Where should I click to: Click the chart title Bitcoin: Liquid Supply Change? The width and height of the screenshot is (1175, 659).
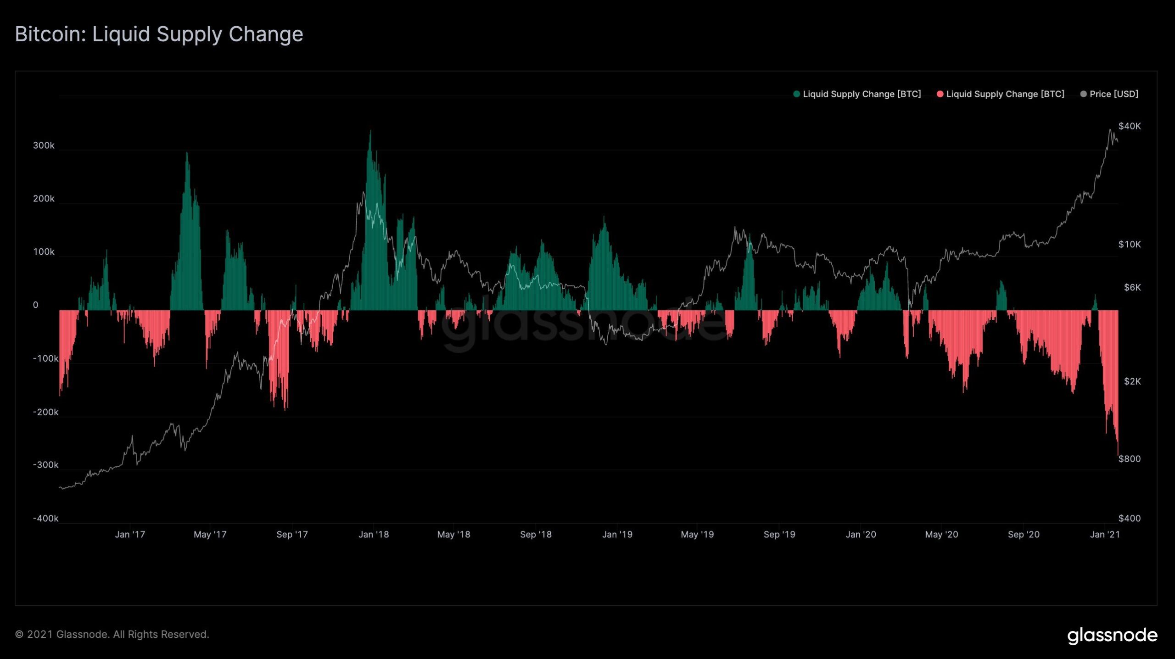[x=159, y=34]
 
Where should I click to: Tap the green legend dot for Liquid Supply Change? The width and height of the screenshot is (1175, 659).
[x=796, y=94]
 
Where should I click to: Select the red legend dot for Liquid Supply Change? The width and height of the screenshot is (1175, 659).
[x=940, y=94]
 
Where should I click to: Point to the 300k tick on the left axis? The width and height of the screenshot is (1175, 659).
[x=44, y=145]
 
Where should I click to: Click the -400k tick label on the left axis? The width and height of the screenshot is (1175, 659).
[x=45, y=518]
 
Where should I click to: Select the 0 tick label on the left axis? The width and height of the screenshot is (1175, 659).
[x=35, y=305]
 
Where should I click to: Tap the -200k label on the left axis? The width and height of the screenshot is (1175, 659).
[x=45, y=412]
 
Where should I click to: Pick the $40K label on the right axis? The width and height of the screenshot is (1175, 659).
[x=1129, y=126]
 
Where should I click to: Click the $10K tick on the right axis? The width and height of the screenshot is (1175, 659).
[x=1129, y=244]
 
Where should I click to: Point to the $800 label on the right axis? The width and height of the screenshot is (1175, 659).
[x=1129, y=459]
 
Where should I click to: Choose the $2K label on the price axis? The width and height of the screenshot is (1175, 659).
[x=1132, y=381]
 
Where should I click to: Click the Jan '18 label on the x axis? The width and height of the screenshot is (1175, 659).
[x=374, y=535]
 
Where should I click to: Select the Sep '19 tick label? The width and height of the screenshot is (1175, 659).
[x=779, y=535]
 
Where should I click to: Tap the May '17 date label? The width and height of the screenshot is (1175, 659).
[x=210, y=535]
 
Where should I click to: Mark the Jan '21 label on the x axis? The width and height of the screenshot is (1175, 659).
[x=1105, y=535]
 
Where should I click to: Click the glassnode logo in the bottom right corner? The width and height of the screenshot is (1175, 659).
[x=1112, y=636]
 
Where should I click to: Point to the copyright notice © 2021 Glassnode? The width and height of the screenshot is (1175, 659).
[x=112, y=634]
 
